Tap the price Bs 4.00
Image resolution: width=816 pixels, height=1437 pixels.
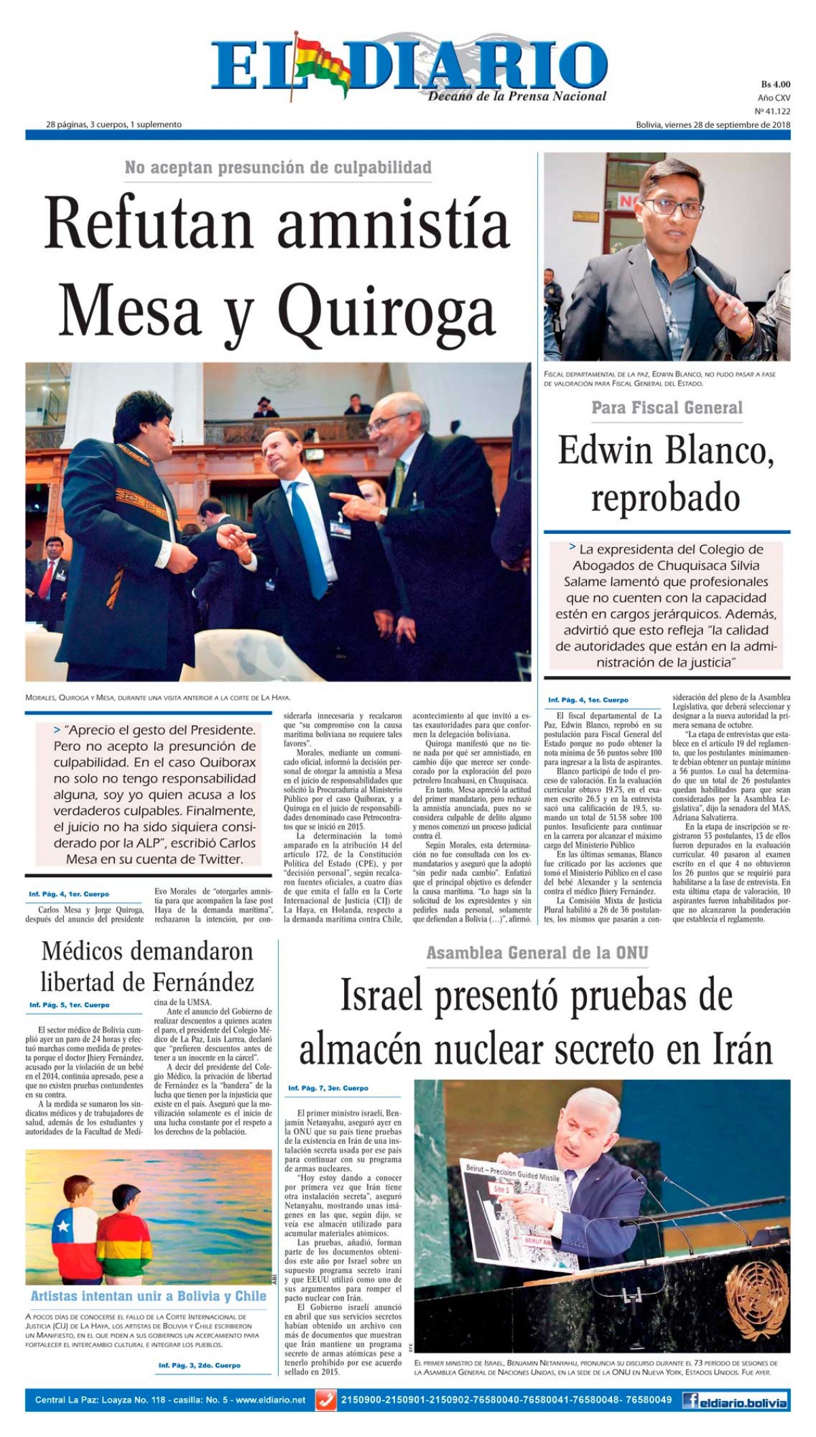pos(775,85)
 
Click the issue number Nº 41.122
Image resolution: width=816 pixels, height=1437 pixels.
pos(772,111)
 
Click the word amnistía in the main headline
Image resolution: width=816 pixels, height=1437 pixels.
pos(394,226)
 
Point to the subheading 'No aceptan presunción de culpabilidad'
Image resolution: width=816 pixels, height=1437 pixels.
pos(278,167)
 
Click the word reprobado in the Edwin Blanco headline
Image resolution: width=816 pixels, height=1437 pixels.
pos(665,499)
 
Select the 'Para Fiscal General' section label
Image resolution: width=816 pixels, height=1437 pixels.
pos(666,408)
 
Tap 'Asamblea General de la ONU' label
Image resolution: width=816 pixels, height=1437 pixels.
pos(537,953)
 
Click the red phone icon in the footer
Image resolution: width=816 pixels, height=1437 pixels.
pos(326,1400)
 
